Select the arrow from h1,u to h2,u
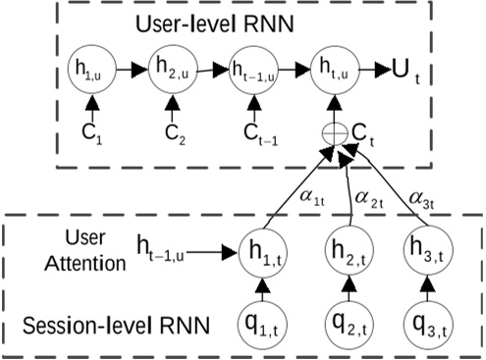tap(133, 71)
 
